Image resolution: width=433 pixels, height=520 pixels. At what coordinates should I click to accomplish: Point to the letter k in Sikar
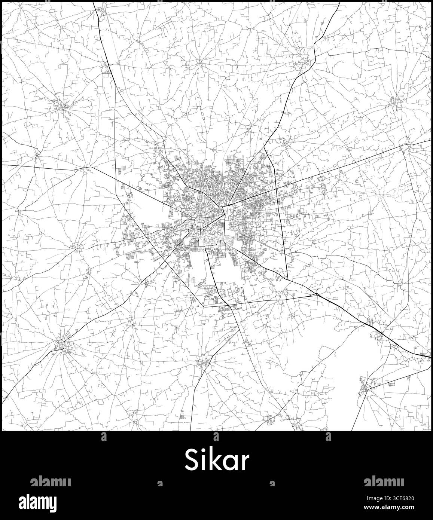point(214,459)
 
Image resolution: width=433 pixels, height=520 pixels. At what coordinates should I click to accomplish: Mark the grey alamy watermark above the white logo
point(50,482)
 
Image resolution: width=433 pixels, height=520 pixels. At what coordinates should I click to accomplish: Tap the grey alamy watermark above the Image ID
point(383,482)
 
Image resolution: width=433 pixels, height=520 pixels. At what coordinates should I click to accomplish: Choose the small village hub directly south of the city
point(204,363)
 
